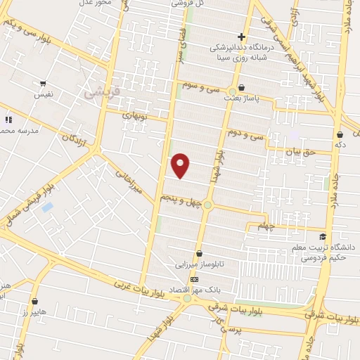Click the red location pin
tap(181, 165)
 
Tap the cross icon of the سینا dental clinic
tap(241, 37)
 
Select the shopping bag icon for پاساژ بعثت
tap(242, 88)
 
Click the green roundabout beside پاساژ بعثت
tap(231, 92)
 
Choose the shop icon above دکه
tap(340, 134)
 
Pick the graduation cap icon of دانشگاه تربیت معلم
tap(323, 236)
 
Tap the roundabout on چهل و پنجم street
tap(208, 205)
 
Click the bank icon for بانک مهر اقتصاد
tap(194, 278)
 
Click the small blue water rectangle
tap(47, 207)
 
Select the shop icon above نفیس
tap(44, 84)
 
